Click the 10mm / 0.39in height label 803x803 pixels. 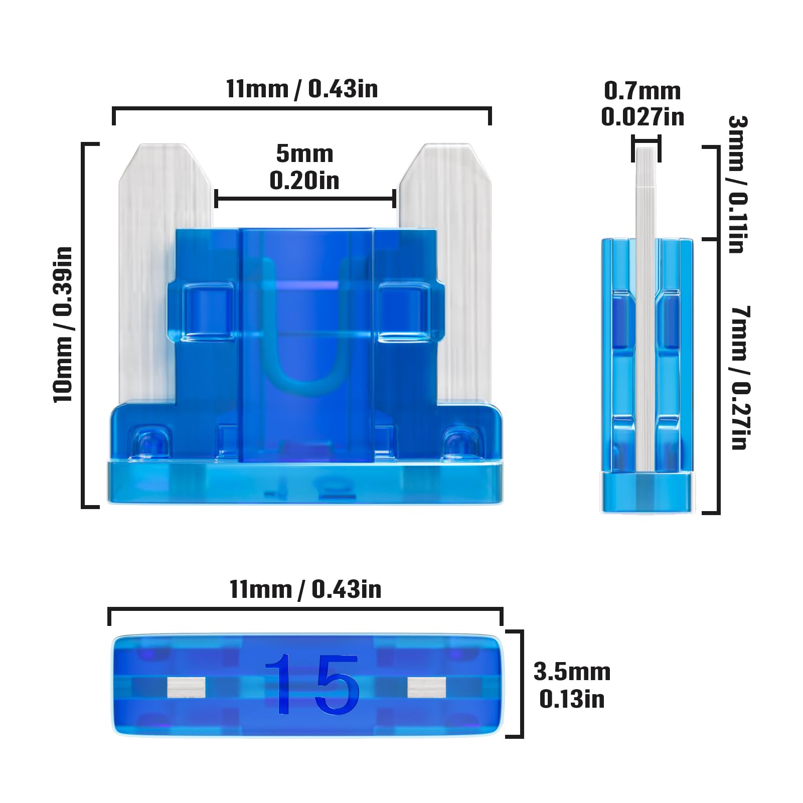(63, 325)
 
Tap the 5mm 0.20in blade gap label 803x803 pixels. (304, 167)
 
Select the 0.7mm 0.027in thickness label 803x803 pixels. (643, 104)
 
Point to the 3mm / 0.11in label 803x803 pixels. (737, 184)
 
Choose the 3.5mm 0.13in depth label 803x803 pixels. (572, 685)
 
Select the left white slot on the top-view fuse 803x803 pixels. (186, 687)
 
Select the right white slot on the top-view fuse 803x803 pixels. (426, 687)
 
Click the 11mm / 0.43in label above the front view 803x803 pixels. (301, 89)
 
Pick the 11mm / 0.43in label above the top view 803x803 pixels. (305, 589)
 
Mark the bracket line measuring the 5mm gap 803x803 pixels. (305, 199)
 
